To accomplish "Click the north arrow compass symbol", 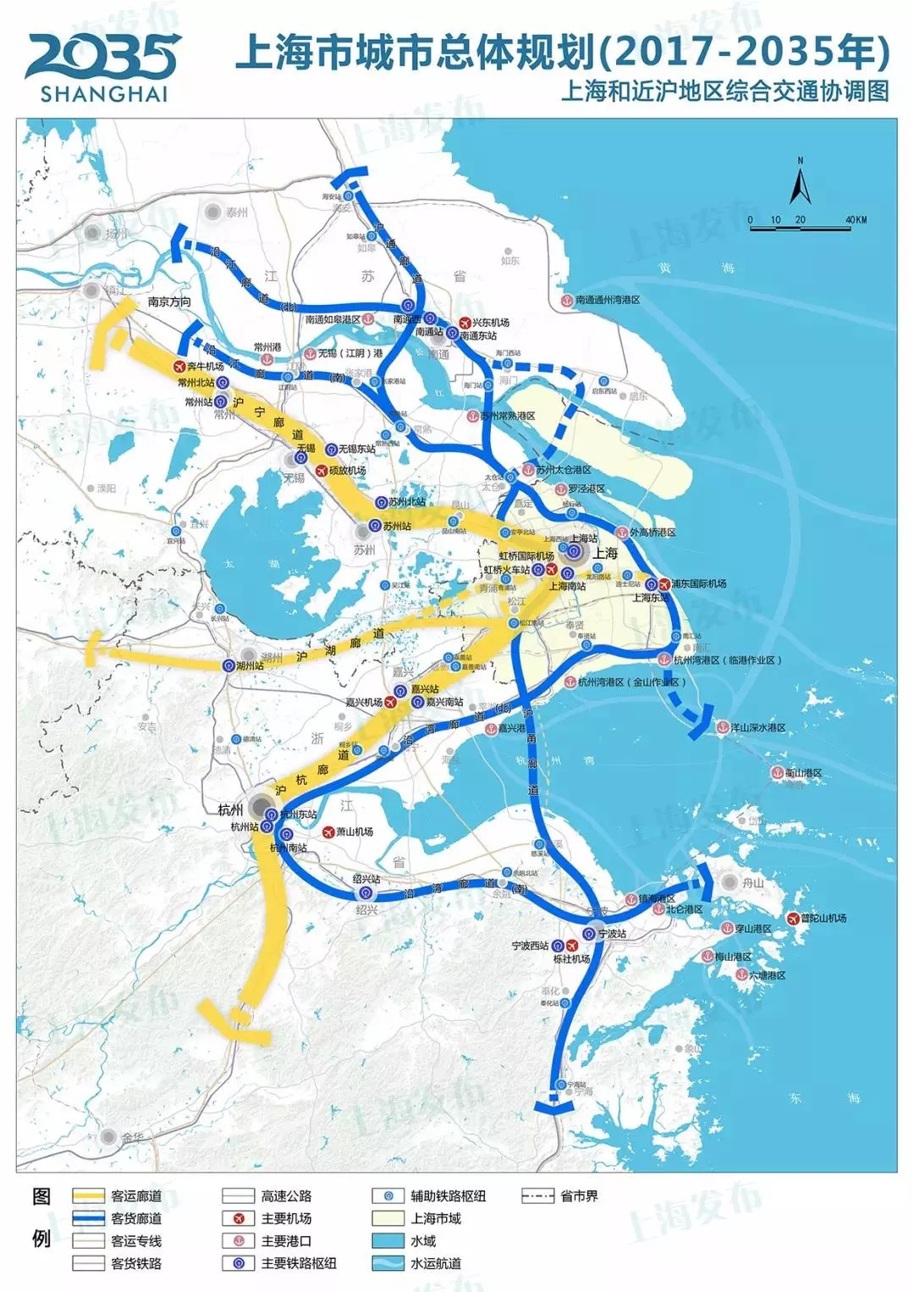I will pyautogui.click(x=800, y=183).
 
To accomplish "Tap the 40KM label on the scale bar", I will pyautogui.click(x=856, y=220).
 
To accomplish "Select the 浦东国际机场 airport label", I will pyautogui.click(x=698, y=583).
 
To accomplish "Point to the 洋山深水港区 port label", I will pyautogui.click(x=758, y=727).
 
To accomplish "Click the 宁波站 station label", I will pyautogui.click(x=612, y=933).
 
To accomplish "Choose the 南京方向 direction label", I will pyautogui.click(x=169, y=301).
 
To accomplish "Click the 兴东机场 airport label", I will pyautogui.click(x=490, y=323).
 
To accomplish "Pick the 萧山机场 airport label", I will pyautogui.click(x=354, y=831).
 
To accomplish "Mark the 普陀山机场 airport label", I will pyautogui.click(x=823, y=918).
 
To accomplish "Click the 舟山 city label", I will pyautogui.click(x=752, y=883).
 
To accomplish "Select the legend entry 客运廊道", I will pyautogui.click(x=135, y=1196).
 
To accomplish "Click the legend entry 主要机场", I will pyautogui.click(x=286, y=1218).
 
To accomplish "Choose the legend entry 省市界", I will pyautogui.click(x=579, y=1196).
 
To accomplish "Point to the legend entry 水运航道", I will pyautogui.click(x=436, y=1263).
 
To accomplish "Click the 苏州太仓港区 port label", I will pyautogui.click(x=563, y=470).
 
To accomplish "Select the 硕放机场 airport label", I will pyautogui.click(x=346, y=470).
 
